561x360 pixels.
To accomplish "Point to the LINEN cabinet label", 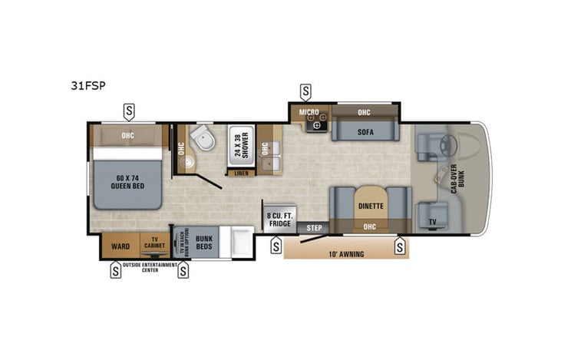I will (x=240, y=173).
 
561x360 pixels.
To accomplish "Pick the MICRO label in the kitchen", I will (x=309, y=112).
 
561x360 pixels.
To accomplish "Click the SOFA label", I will (x=365, y=132).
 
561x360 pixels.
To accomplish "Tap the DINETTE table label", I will (x=371, y=206).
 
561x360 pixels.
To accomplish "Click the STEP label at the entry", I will (x=314, y=228).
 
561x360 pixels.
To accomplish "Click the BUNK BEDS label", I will (x=203, y=243).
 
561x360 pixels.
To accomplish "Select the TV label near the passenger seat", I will (x=431, y=223).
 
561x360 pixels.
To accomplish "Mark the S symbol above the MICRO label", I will (x=306, y=91).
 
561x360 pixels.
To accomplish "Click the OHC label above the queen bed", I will (x=128, y=136).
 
